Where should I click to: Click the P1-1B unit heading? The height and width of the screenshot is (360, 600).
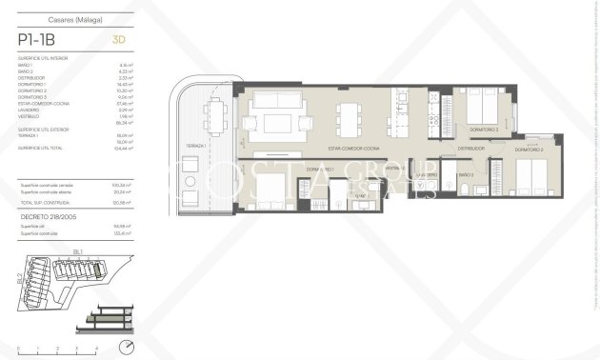tap(42, 39)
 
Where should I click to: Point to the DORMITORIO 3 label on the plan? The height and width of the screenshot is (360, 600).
tap(484, 128)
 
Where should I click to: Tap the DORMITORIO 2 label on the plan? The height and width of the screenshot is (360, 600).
tap(530, 150)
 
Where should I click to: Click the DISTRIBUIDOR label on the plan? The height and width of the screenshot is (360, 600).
tap(470, 149)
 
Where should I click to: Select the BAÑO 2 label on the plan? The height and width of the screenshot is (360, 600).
tap(466, 176)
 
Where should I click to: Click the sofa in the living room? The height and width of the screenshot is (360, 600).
tap(275, 121)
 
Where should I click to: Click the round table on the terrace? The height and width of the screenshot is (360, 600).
tap(191, 181)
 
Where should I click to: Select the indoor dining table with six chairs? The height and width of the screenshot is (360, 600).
tap(348, 118)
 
